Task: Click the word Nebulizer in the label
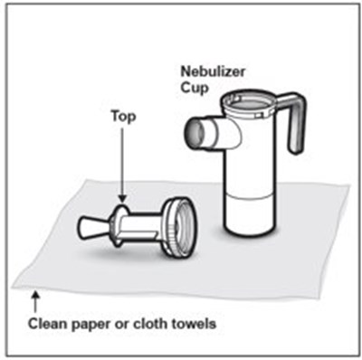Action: tap(213, 71)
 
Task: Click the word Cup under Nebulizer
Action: tap(195, 89)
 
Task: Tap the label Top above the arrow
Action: tap(123, 117)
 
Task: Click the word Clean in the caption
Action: tap(47, 324)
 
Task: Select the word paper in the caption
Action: tap(90, 325)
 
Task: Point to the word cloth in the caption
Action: tap(151, 324)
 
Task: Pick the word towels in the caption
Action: tap(195, 324)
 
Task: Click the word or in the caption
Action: tap(121, 326)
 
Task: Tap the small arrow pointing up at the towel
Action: tap(35, 301)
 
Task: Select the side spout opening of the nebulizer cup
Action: tap(193, 133)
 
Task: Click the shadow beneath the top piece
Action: tap(127, 253)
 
